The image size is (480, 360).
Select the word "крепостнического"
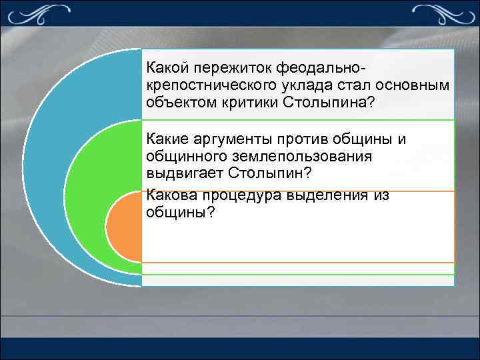(207, 86)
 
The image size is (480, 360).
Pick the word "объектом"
(175, 103)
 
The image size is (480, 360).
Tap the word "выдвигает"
(182, 173)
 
